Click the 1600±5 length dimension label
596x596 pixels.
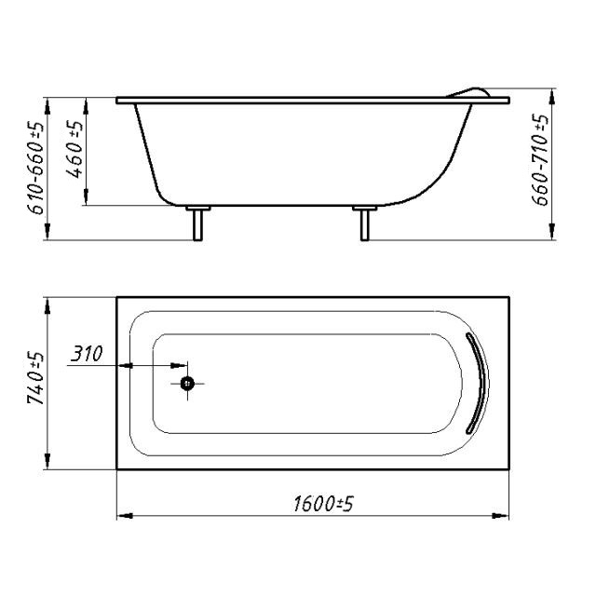click(323, 504)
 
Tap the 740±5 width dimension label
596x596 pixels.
click(35, 378)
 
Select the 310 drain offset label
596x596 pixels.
click(87, 354)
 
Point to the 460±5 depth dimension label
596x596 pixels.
click(74, 149)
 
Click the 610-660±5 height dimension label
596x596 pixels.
click(35, 168)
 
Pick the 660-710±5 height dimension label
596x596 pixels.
click(540, 159)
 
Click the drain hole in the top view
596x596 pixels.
click(187, 384)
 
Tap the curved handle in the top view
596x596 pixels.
click(479, 383)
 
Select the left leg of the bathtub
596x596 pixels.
click(197, 225)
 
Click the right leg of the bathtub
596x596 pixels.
click(364, 225)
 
